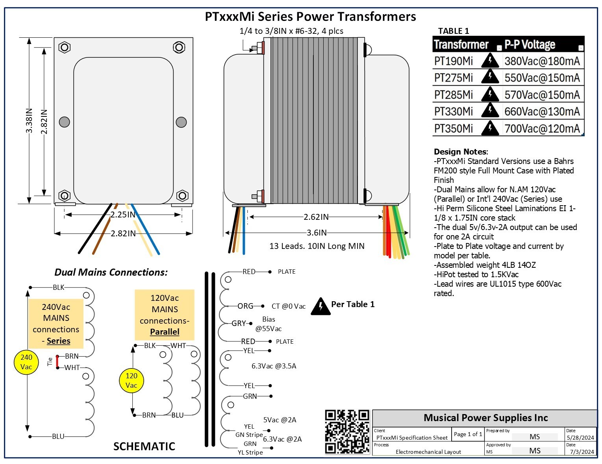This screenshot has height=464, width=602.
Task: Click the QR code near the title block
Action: pyautogui.click(x=347, y=432)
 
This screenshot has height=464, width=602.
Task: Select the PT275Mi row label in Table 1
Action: pyautogui.click(x=453, y=78)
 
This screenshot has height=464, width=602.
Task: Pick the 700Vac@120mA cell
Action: pyautogui.click(x=542, y=129)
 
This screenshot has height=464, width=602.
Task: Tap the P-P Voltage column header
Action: pyautogui.click(x=530, y=44)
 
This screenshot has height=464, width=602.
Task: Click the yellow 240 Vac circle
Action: pyautogui.click(x=26, y=362)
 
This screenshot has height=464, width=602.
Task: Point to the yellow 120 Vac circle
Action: pyautogui.click(x=131, y=381)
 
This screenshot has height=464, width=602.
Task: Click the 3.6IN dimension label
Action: pyautogui.click(x=317, y=233)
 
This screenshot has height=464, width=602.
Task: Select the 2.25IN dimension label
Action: pyautogui.click(x=122, y=215)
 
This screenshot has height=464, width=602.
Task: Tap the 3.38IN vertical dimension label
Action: pyautogui.click(x=29, y=121)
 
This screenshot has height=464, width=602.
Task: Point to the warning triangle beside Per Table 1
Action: pyautogui.click(x=320, y=306)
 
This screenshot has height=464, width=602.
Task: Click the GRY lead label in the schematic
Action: pyautogui.click(x=239, y=323)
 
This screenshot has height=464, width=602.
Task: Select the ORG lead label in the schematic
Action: pyautogui.click(x=245, y=306)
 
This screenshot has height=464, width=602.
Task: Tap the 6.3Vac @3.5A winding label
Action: pyautogui.click(x=274, y=366)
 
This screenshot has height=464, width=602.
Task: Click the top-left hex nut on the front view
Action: pyautogui.click(x=64, y=48)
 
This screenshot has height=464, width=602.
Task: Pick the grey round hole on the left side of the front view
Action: pyautogui.click(x=64, y=122)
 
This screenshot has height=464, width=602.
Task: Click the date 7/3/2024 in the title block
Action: pyautogui.click(x=582, y=451)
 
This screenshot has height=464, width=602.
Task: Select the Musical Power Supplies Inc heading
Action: pyautogui.click(x=485, y=418)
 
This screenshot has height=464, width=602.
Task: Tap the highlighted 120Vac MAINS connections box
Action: pyautogui.click(x=165, y=315)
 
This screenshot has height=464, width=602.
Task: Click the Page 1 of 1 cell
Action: pyautogui.click(x=467, y=434)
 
